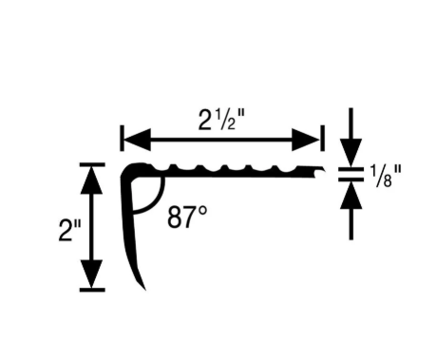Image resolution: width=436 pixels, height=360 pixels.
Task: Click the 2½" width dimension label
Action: pos(221,121)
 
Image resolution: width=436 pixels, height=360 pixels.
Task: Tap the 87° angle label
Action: pos(187,217)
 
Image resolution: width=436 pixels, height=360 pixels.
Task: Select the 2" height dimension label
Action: pos(70,230)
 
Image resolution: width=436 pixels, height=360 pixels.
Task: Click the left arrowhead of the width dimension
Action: pos(137,140)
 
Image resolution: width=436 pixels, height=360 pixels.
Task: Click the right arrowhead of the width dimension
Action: pos(306,140)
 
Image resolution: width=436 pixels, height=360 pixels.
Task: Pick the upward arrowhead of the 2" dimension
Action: pos(92,180)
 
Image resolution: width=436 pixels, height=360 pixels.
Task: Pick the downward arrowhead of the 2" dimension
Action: pos(92,274)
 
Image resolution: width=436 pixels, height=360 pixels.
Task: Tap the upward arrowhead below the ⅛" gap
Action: pos(351,196)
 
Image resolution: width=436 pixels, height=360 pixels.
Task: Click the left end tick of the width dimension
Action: pos(122,138)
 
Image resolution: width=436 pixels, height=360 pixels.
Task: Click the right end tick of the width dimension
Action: pos(323,138)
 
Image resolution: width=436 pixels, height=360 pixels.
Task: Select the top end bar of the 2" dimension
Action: pos(92,164)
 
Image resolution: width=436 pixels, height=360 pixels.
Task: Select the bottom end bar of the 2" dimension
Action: pos(92,290)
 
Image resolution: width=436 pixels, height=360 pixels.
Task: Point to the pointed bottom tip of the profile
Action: pos(145,289)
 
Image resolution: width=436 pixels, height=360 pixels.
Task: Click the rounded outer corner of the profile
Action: pos(125,168)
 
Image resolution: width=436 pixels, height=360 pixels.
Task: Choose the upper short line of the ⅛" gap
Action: pos(351,169)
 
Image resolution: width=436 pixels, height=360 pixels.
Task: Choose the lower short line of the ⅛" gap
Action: pos(351,180)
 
